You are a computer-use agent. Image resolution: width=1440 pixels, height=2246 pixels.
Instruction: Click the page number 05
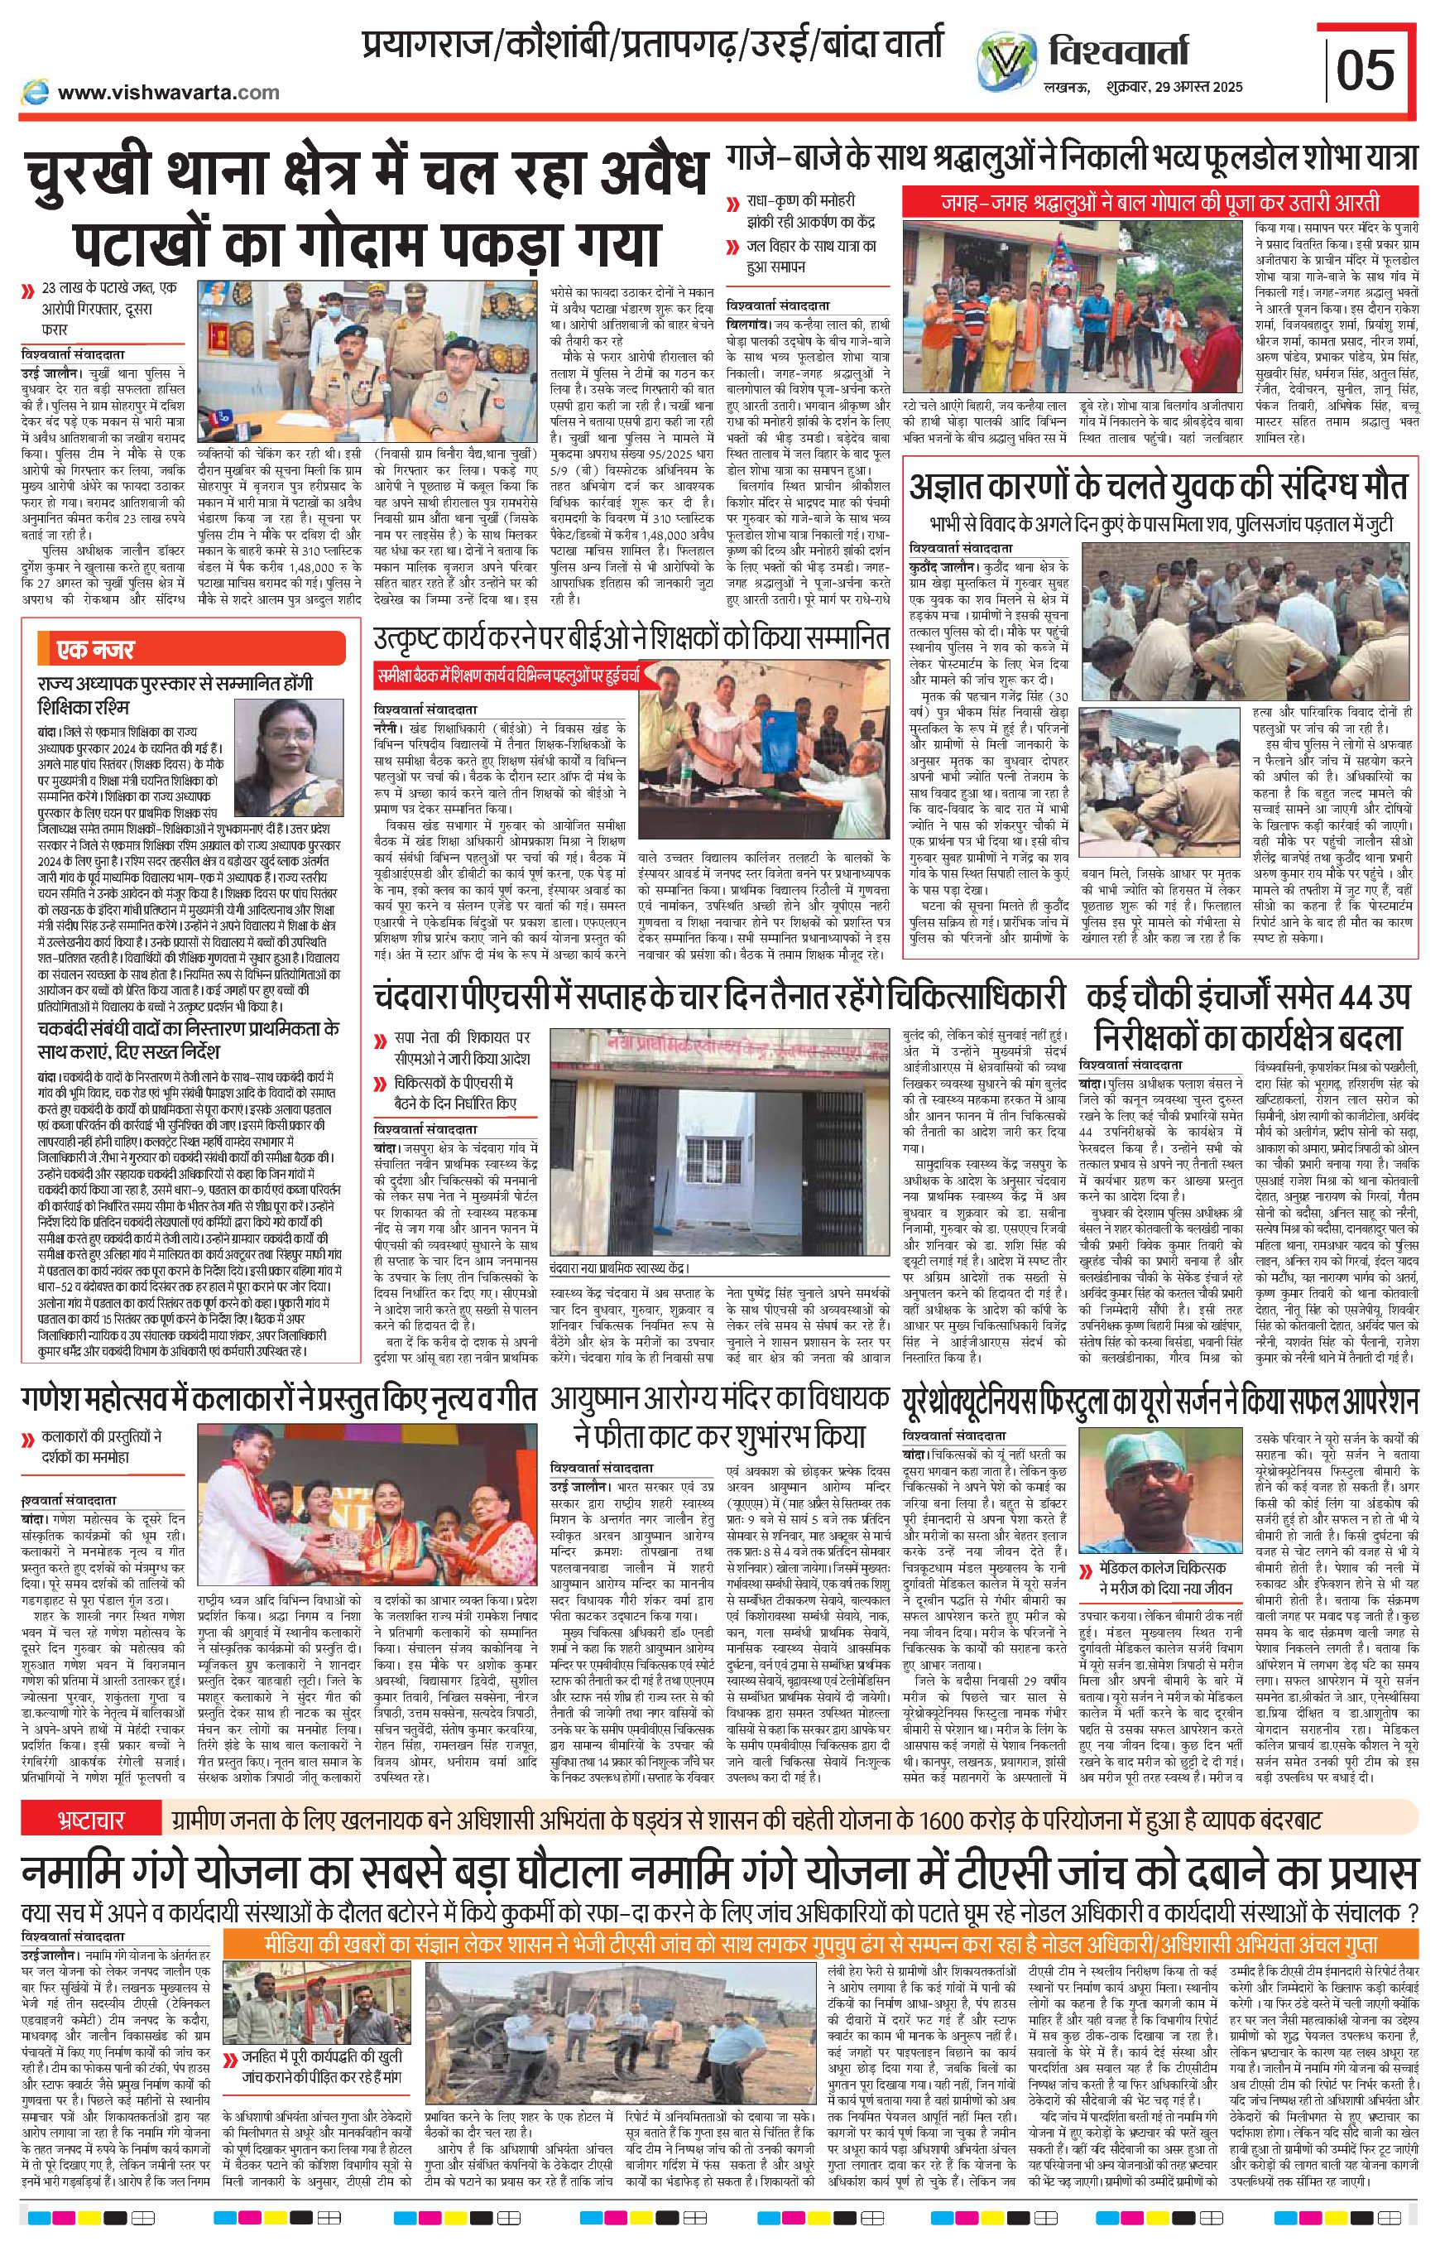1366,70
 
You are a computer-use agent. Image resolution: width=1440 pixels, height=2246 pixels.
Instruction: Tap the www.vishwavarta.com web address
168,92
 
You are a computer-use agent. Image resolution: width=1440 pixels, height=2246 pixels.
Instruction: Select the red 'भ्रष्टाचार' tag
87,1820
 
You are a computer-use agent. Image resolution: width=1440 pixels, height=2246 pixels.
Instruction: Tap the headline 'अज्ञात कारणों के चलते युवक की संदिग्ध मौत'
1159,488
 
